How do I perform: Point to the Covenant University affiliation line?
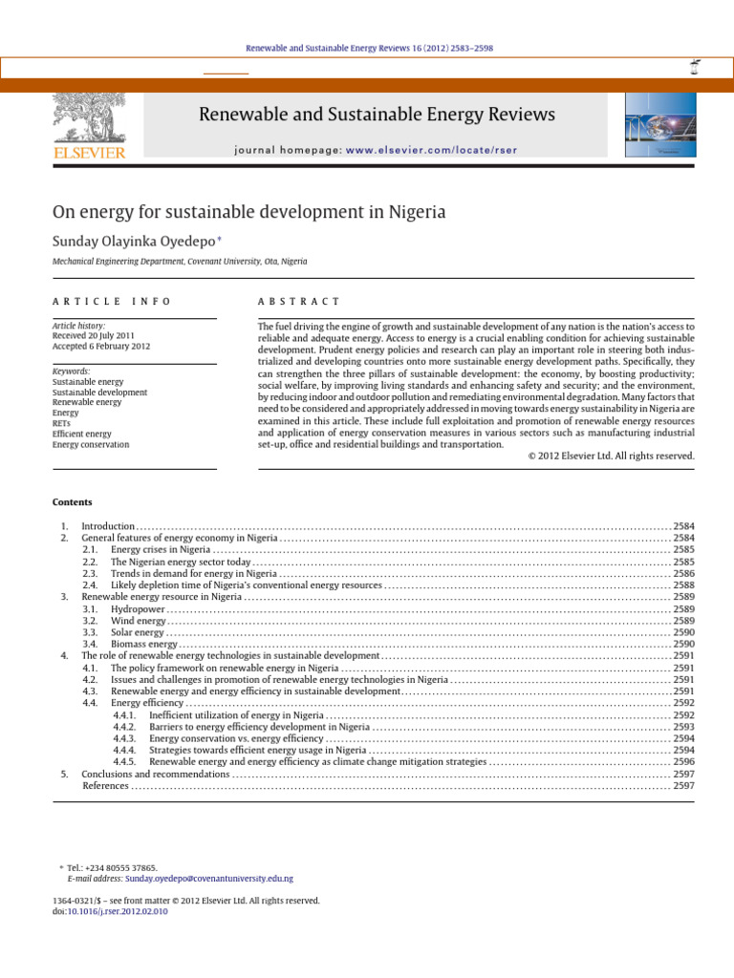179,261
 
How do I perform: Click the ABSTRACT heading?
299,301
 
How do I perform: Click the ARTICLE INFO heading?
112,301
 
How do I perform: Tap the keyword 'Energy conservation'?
91,444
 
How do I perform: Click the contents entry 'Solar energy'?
138,632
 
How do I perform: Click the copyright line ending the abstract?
611,456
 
